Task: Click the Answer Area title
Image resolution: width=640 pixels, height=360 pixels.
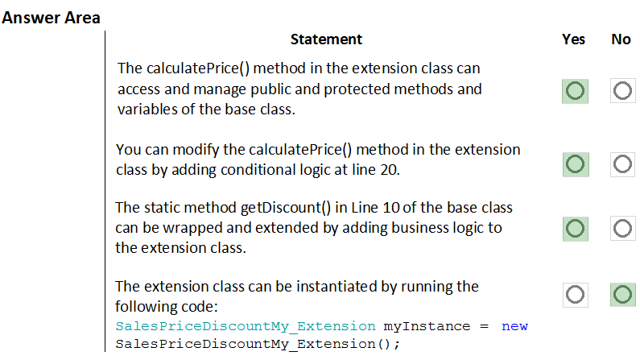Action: coord(51,18)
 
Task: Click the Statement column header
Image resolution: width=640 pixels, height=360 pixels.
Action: coord(326,39)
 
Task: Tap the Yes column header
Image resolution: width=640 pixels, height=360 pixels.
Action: coord(573,39)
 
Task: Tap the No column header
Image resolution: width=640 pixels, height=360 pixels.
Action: coord(621,39)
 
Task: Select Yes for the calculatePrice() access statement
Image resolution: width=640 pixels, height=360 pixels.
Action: coord(575,91)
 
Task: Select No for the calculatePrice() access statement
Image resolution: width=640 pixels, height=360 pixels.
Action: coord(622,91)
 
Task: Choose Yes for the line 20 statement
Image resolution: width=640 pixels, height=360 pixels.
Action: coord(576,164)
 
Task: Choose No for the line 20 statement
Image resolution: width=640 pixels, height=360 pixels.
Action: coord(622,164)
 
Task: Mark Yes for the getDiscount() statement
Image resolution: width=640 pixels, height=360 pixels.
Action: coord(575,229)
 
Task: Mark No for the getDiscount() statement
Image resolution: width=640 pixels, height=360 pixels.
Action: coord(622,229)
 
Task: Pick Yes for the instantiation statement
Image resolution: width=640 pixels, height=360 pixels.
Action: coord(575,295)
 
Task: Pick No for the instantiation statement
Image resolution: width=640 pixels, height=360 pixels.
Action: coord(623,295)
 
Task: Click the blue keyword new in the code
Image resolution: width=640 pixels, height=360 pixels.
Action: coord(514,326)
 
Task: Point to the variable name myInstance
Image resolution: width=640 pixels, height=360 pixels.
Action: coord(427,326)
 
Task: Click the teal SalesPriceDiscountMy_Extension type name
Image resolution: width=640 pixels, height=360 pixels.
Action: coord(246,326)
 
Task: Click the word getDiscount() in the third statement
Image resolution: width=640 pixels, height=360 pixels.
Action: coord(286,208)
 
